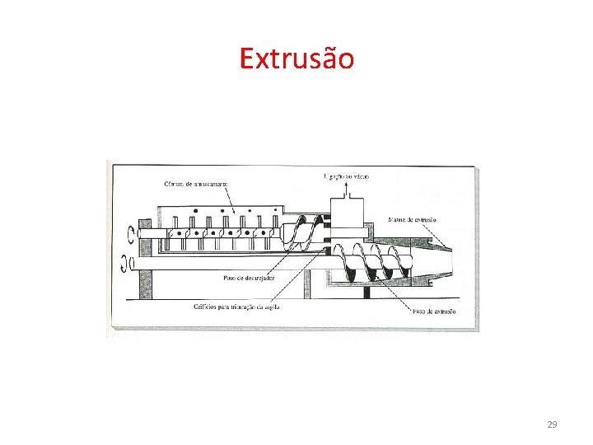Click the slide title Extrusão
click(296, 59)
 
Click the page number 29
click(552, 424)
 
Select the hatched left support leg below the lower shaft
click(145, 285)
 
